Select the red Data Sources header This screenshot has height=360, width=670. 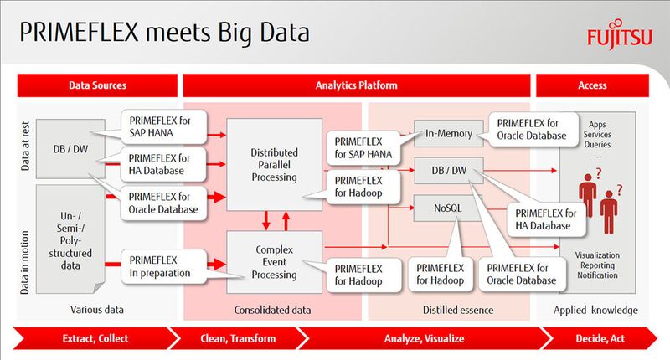point(97,85)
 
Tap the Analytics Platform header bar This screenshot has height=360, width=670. point(356,85)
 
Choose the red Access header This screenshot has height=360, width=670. point(592,85)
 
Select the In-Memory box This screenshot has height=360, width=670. point(448,133)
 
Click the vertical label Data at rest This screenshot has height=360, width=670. point(26,142)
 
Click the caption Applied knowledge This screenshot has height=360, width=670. point(595,310)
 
